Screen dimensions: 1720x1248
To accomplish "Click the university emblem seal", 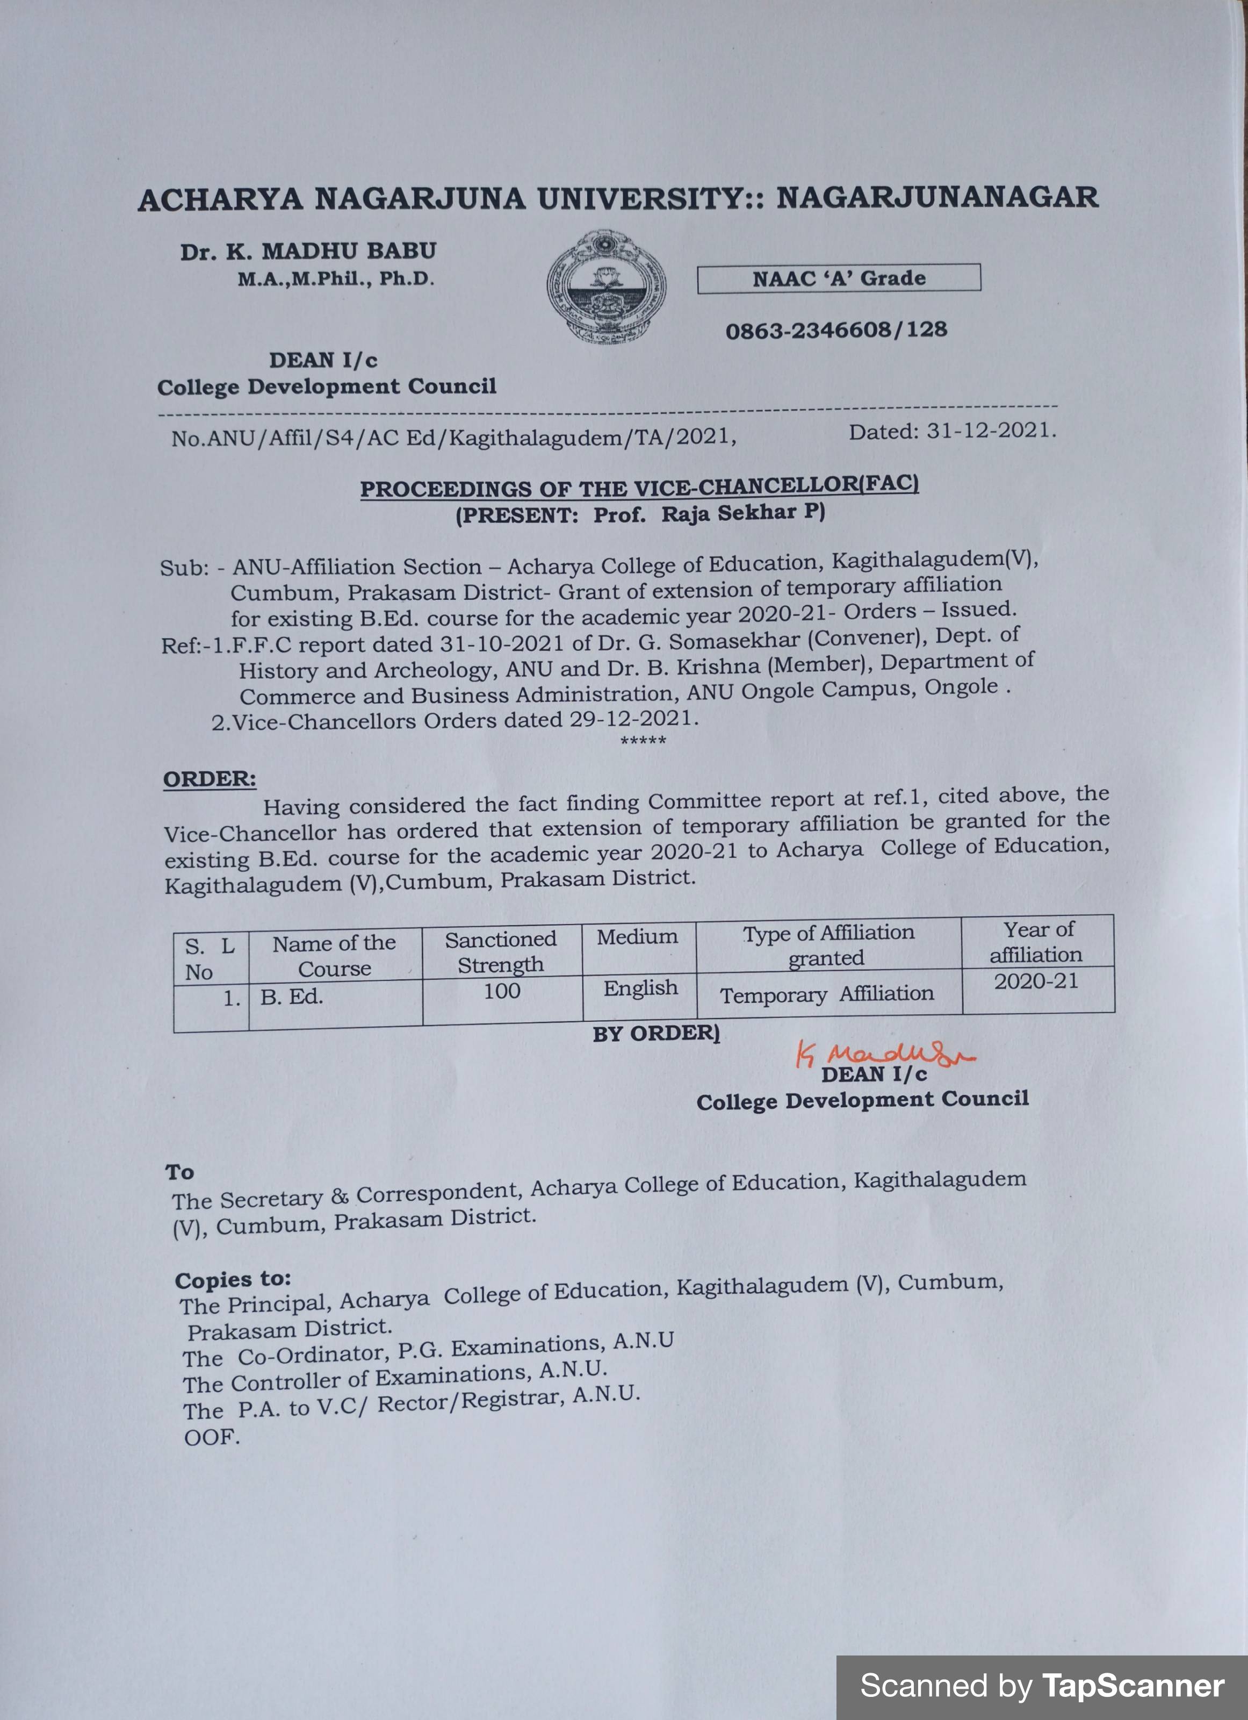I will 606,286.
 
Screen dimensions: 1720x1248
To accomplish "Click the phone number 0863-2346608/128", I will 836,331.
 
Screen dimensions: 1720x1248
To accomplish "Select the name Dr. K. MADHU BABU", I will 308,251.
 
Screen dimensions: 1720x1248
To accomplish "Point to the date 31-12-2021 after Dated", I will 990,431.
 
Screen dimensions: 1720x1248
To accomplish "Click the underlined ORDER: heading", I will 210,779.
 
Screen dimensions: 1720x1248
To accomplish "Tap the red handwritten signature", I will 883,1053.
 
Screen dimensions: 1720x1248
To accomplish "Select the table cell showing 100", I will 502,991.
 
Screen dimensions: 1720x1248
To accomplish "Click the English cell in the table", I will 640,988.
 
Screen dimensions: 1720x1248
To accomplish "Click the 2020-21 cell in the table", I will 1036,981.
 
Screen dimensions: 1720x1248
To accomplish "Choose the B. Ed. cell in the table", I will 292,997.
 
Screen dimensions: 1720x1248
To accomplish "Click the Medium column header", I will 637,937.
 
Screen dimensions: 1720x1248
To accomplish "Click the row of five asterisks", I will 643,741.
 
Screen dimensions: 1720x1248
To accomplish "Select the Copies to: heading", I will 233,1279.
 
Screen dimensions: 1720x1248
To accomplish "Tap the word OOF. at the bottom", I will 212,1437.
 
